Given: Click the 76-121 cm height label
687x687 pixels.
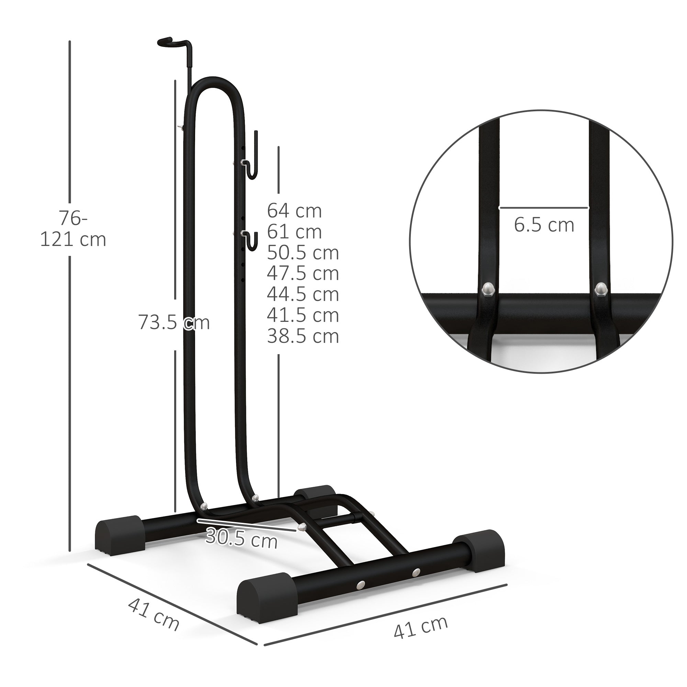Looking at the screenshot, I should [73, 229].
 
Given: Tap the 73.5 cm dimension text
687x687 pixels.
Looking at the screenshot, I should [174, 322].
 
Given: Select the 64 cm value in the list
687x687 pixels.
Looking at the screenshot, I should [294, 211].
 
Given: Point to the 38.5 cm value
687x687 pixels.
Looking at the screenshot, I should [303, 336].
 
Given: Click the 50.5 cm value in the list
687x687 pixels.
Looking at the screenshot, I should [303, 253].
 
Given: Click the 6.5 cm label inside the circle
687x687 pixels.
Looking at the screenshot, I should [544, 225].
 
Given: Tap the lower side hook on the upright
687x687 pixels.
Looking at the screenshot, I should [251, 240].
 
